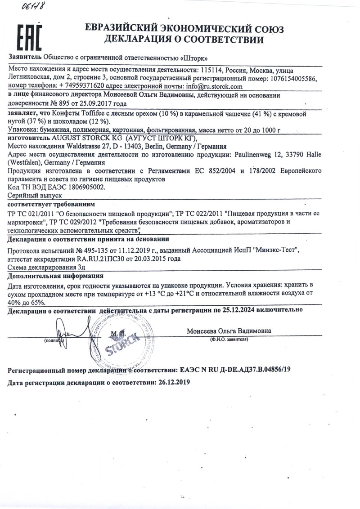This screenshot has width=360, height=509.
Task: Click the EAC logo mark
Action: (x=30, y=37)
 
